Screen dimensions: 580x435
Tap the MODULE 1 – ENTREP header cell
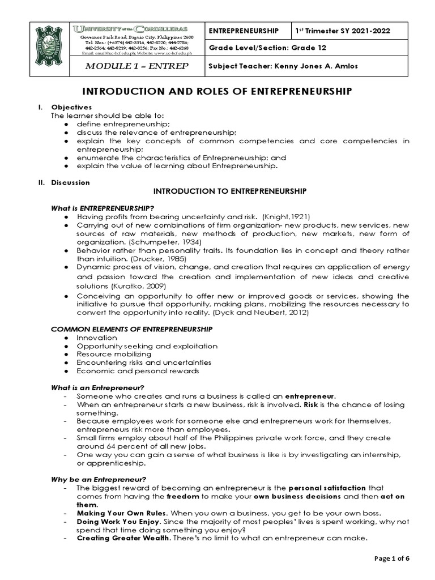tap(137, 66)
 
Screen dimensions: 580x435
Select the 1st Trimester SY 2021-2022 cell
tap(349, 30)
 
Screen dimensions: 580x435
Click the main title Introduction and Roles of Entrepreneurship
tap(218, 91)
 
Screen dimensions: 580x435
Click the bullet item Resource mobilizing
tap(110, 354)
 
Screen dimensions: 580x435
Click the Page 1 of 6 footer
tap(392, 558)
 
